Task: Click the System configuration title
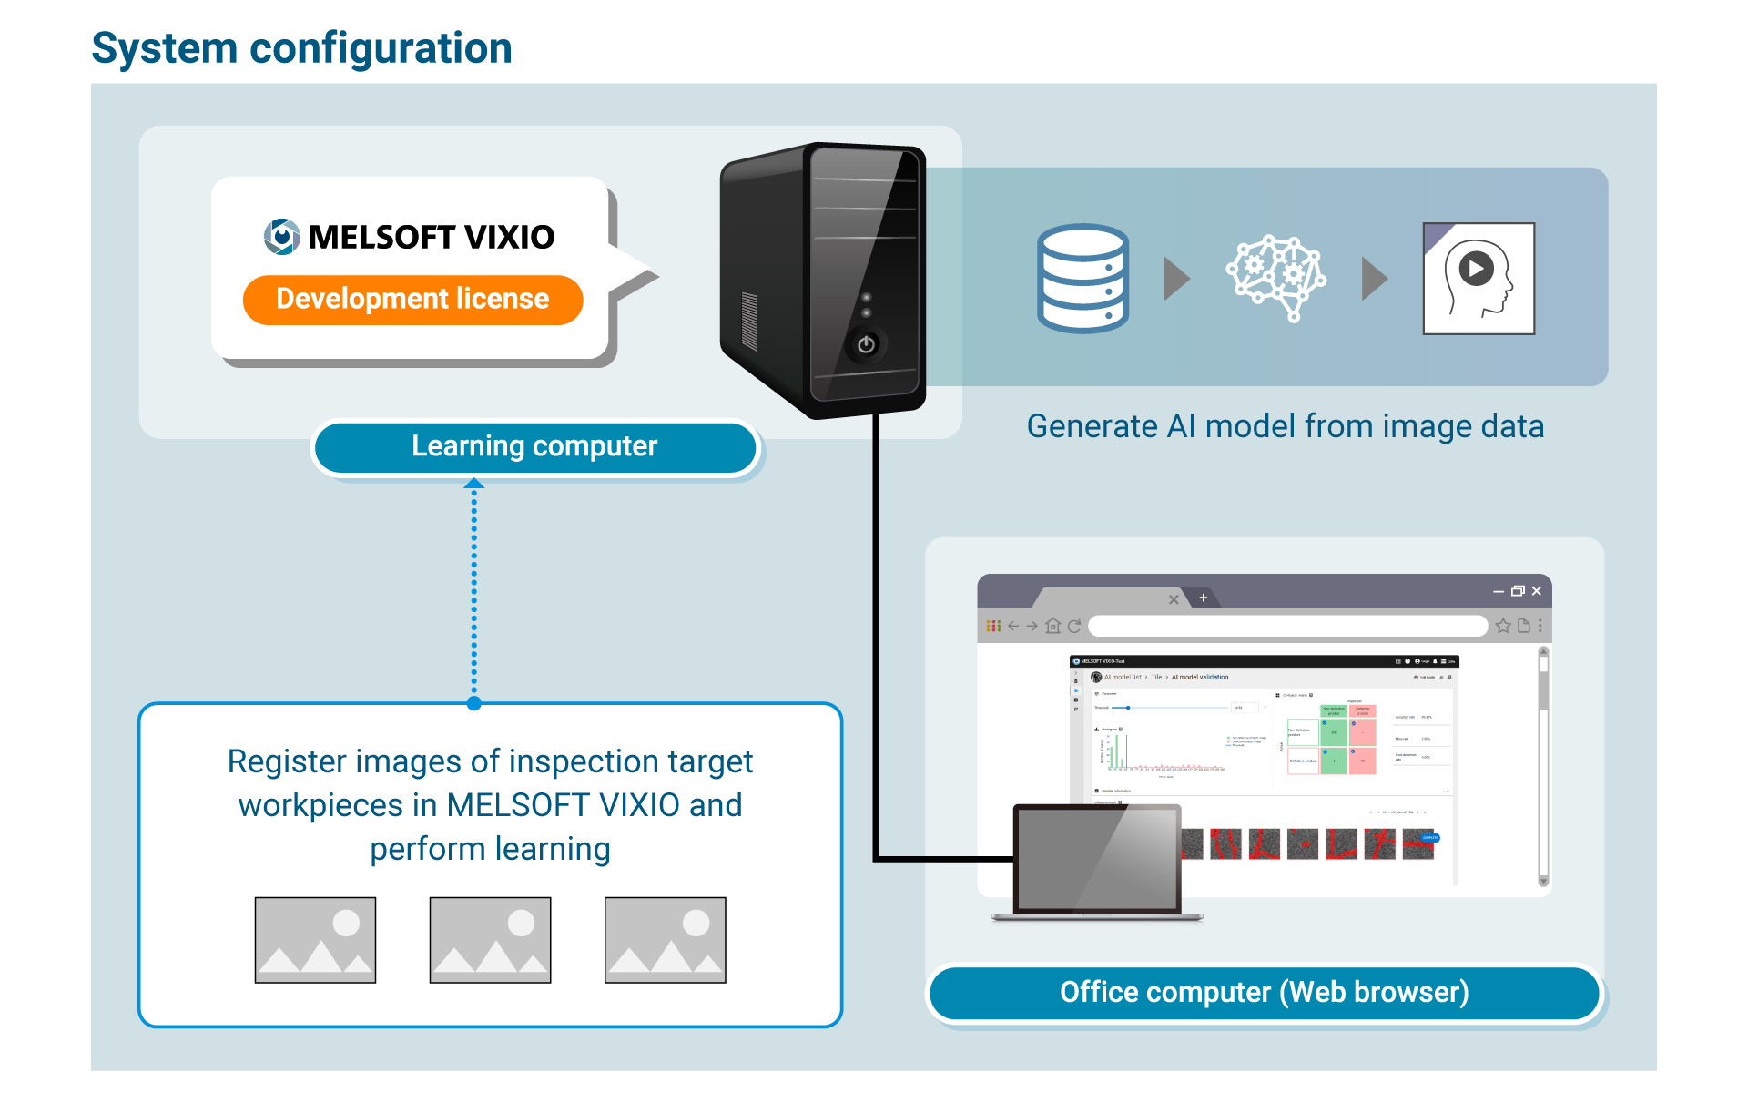pos(301,48)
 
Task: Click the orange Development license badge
pos(412,300)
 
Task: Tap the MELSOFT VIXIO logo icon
pos(282,237)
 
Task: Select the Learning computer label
pos(534,446)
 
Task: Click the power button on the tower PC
pos(866,344)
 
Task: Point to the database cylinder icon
pos(1082,278)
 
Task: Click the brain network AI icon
pos(1276,278)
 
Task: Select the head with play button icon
pos(1479,279)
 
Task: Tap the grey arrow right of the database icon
pos(1176,279)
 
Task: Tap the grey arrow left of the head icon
pos(1374,279)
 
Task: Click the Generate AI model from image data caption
pos(1285,426)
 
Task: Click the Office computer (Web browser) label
pos(1264,992)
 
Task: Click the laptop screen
pos(1097,859)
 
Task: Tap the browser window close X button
pos(1537,591)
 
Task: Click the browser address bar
pos(1287,626)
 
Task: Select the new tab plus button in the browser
pos(1203,598)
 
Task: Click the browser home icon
pos(1053,626)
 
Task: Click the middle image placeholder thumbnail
pos(490,940)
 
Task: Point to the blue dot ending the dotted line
pos(473,703)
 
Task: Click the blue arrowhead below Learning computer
pos(473,484)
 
